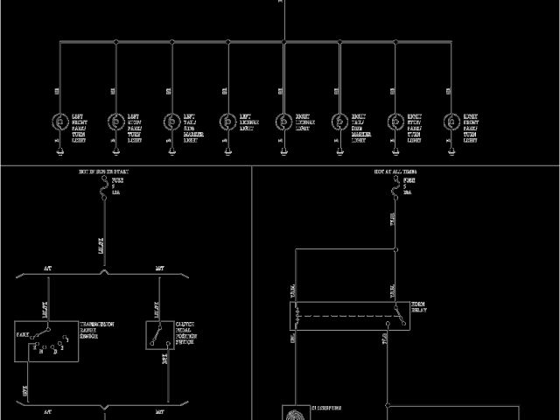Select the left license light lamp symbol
[x=227, y=121]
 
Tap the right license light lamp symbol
[x=283, y=121]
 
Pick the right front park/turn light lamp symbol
[x=451, y=121]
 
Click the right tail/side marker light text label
[x=360, y=128]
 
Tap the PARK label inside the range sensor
[x=24, y=335]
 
